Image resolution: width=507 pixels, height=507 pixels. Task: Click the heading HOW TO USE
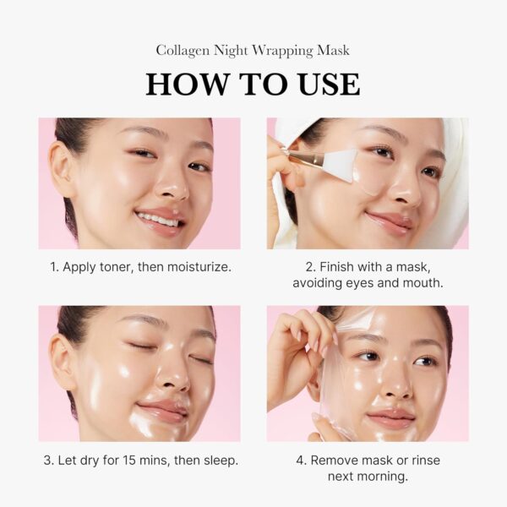(x=253, y=84)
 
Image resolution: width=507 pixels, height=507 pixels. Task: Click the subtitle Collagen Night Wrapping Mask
(x=253, y=51)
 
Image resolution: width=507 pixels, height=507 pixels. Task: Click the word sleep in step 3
(x=219, y=461)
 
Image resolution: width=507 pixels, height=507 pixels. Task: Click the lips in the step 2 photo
(x=389, y=221)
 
